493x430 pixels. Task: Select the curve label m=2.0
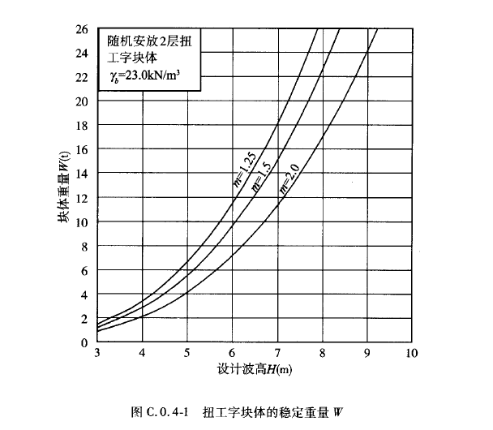coord(289,177)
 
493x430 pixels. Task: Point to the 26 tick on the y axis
coord(83,29)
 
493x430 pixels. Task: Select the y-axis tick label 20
coord(83,101)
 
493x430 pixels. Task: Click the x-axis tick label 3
coord(97,353)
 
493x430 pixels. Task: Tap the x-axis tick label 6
coord(232,353)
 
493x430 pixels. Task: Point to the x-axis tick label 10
coord(411,353)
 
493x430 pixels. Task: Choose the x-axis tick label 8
coord(322,353)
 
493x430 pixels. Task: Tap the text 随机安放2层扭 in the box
coord(150,40)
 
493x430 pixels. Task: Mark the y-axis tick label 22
coord(83,77)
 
